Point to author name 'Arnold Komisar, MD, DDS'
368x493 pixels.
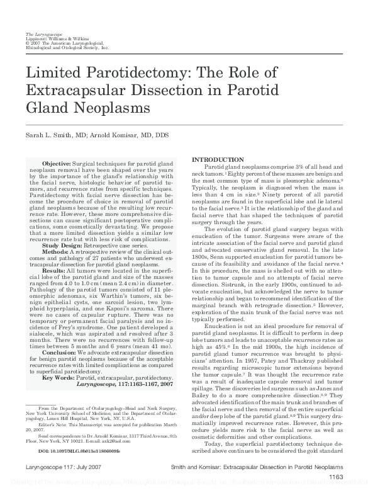point(126,135)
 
